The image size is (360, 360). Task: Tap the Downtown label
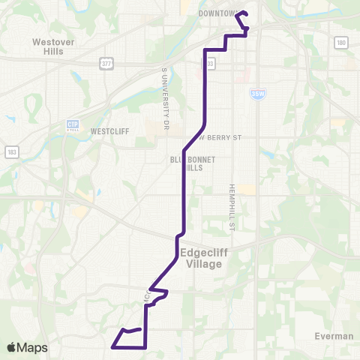pos(217,13)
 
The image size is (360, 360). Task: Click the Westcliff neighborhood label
pos(110,130)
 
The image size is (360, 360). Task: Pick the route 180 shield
pos(341,43)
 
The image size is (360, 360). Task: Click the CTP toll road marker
pos(73,124)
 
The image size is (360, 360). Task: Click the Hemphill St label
pos(232,202)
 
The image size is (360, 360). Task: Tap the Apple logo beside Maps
pos(13,347)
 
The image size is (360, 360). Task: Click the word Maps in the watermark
pos(33,347)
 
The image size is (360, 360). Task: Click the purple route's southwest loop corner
pos(112,347)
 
